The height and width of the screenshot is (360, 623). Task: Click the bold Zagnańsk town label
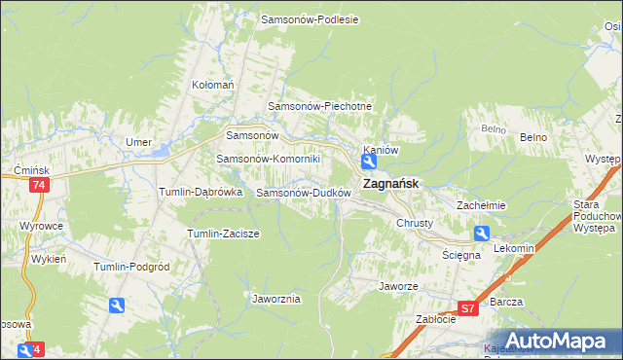pyautogui.click(x=391, y=183)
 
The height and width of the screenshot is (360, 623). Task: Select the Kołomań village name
pyautogui.click(x=213, y=85)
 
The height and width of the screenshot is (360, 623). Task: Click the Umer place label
pyautogui.click(x=138, y=142)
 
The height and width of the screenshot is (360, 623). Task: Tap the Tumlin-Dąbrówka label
pyautogui.click(x=200, y=193)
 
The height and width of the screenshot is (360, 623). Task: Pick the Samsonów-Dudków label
pyautogui.click(x=303, y=193)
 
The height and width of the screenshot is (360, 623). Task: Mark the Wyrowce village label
pyautogui.click(x=40, y=226)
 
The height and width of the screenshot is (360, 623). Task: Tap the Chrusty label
pyautogui.click(x=414, y=223)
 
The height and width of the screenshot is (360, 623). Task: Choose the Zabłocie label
pyautogui.click(x=436, y=318)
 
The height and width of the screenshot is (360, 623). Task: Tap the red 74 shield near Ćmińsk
pyautogui.click(x=39, y=186)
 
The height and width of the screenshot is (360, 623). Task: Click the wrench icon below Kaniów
pyautogui.click(x=371, y=164)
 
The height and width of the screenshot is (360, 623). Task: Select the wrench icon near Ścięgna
pyautogui.click(x=482, y=234)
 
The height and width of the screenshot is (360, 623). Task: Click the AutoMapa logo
pyautogui.click(x=551, y=341)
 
